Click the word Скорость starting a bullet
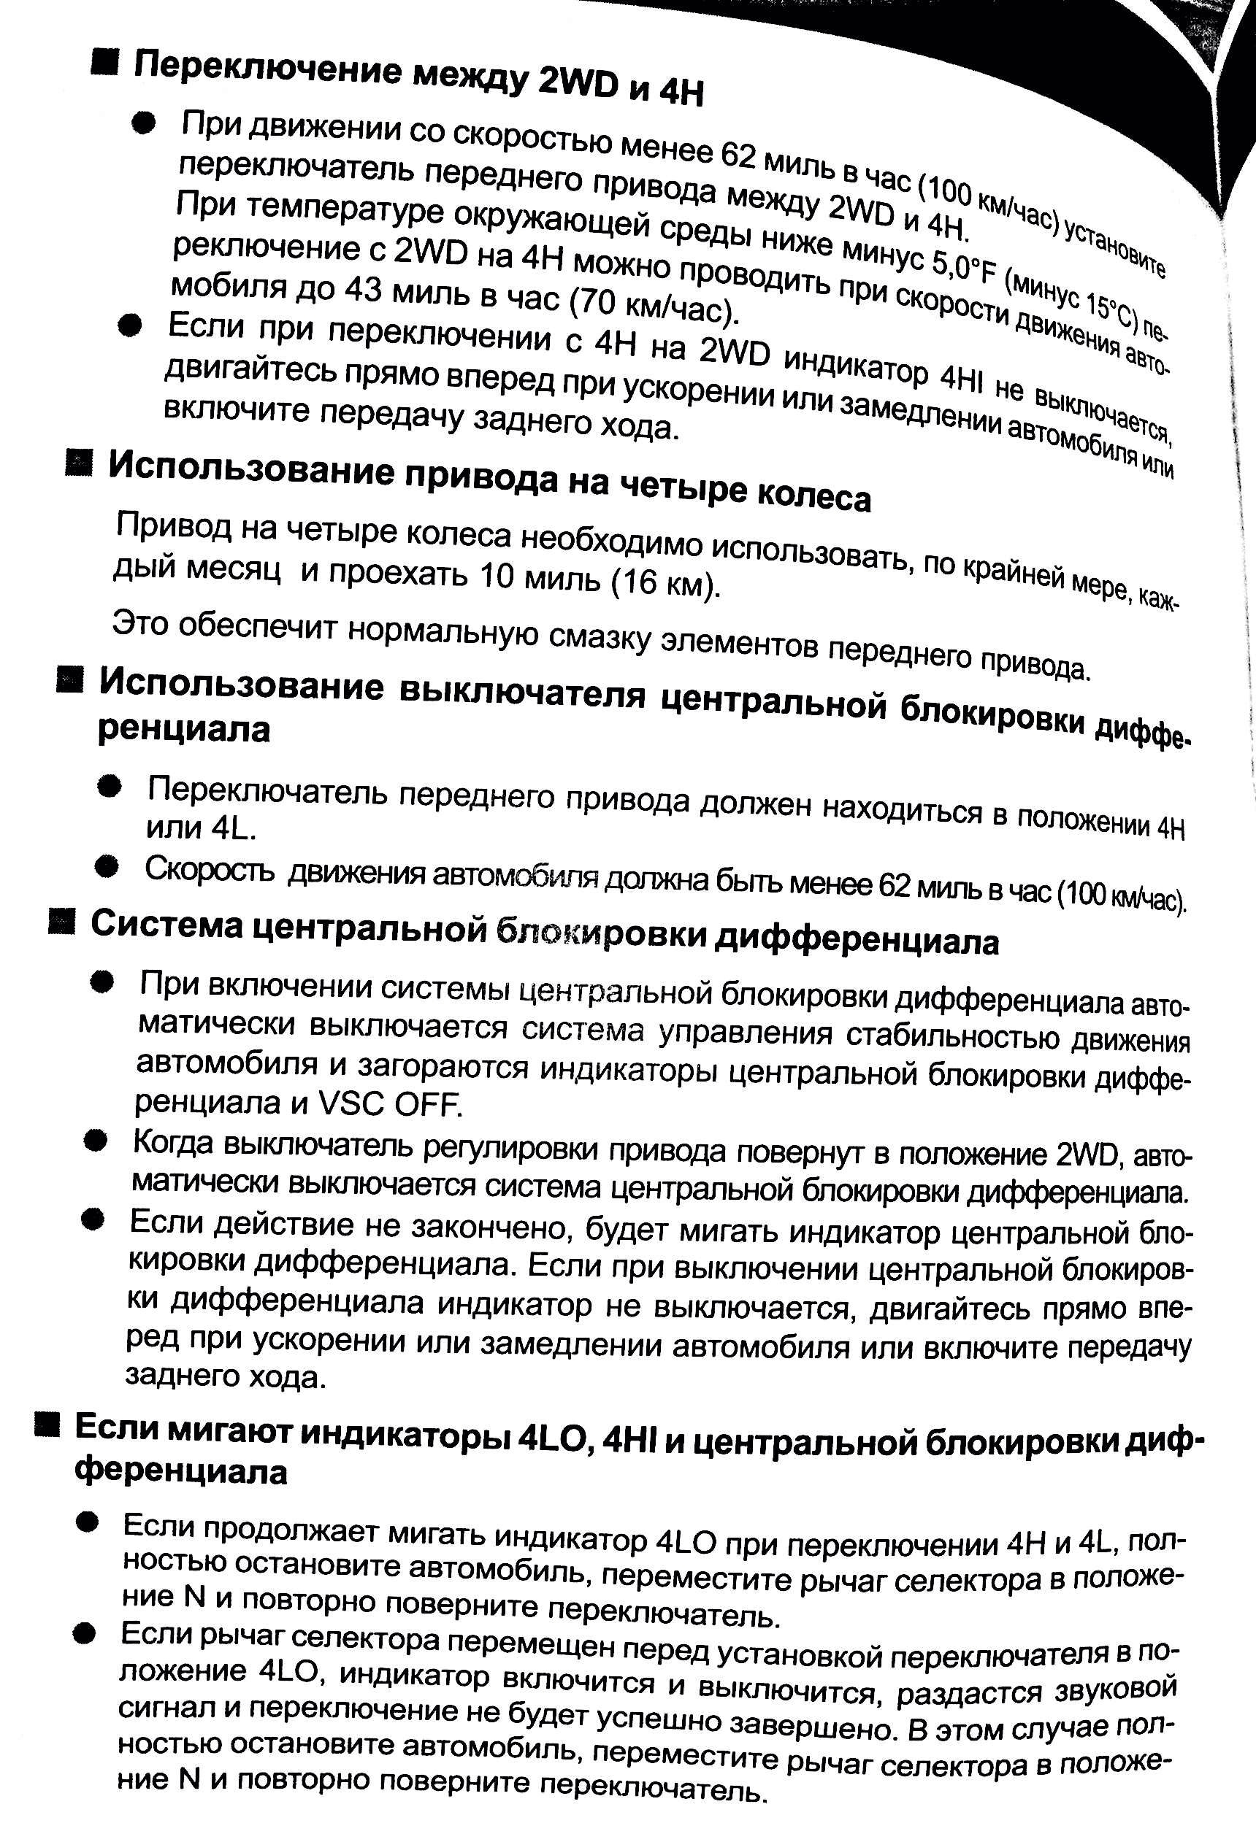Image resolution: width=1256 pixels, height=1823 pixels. pos(210,869)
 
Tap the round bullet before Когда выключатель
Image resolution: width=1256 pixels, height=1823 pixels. pos(97,1142)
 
